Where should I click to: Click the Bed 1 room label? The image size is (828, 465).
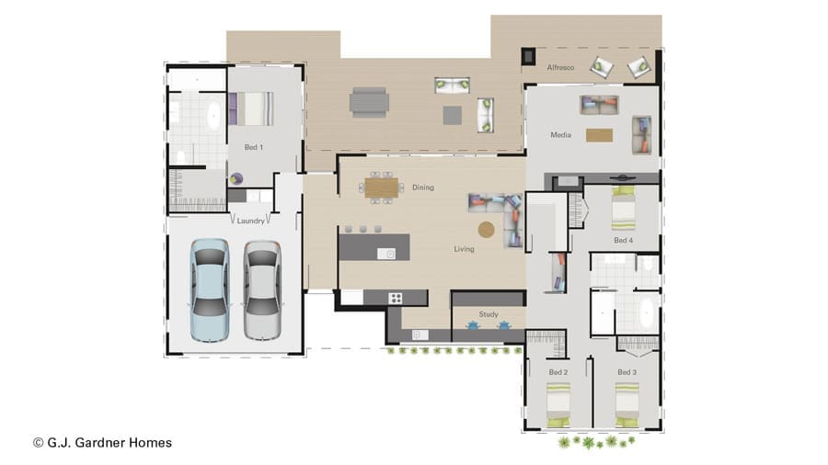pos(254,147)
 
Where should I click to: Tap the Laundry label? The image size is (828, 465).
pos(251,221)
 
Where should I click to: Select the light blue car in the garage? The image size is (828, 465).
pos(210,289)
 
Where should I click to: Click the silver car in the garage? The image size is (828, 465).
pos(262,290)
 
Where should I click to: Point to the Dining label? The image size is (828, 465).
pos(423,187)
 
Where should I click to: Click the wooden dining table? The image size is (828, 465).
pos(381,187)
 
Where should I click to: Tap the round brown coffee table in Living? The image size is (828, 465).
pos(487,230)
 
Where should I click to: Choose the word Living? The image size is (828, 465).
pos(465,249)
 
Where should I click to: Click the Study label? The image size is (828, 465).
pos(489,314)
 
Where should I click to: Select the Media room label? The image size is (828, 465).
pos(561,135)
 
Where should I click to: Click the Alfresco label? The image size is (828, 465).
pos(561,67)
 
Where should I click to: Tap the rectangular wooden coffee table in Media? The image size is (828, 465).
pos(599,135)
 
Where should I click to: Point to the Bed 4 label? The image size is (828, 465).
pos(623,241)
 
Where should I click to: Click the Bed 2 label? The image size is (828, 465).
pos(558,372)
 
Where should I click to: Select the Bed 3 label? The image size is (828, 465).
pos(627,372)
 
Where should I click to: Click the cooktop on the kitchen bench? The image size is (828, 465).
pos(395,299)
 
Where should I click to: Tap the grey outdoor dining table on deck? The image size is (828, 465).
pos(369,102)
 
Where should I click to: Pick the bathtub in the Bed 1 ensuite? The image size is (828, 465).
pos(213,116)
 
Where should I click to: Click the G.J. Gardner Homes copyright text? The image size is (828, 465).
pos(103,443)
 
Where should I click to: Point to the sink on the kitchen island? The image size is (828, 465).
pos(386,255)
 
